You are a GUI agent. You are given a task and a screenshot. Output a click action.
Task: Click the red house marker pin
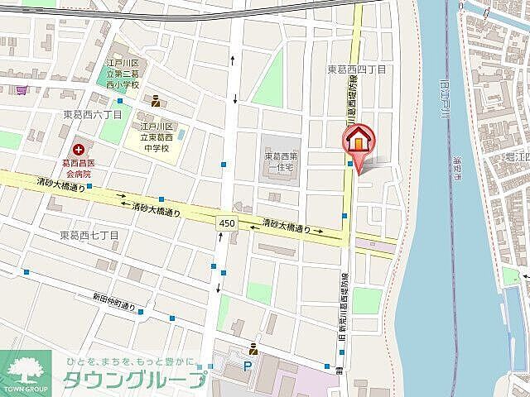pyautogui.click(x=358, y=141)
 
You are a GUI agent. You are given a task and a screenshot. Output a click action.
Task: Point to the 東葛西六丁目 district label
pyautogui.click(x=94, y=115)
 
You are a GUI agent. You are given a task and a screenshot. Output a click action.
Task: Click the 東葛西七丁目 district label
pyautogui.click(x=90, y=236)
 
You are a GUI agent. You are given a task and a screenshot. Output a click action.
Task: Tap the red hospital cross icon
pyautogui.click(x=79, y=149)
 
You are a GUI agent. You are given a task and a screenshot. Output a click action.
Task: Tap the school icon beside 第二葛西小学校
pyautogui.click(x=156, y=101)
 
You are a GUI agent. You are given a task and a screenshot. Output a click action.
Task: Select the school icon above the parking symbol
pyautogui.click(x=253, y=347)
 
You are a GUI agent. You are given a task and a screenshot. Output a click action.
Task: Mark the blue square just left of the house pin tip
pyautogui.click(x=351, y=164)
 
